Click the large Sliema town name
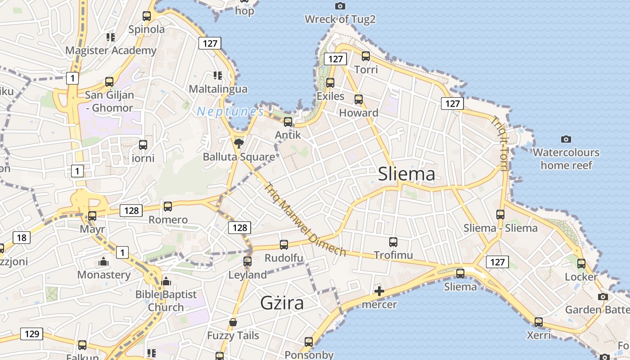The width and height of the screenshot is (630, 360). (x=406, y=174)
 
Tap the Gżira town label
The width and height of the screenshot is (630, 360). (x=282, y=303)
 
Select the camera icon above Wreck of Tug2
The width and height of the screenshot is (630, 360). (x=340, y=6)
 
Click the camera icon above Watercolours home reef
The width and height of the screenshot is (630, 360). (x=566, y=139)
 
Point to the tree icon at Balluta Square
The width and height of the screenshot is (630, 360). (x=239, y=144)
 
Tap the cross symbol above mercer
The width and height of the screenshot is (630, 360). (x=379, y=291)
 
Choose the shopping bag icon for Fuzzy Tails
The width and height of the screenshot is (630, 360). (x=233, y=322)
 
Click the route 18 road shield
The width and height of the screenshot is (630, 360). (x=22, y=238)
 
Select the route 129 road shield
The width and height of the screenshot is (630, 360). (x=31, y=333)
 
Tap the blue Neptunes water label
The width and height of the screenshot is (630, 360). (x=230, y=112)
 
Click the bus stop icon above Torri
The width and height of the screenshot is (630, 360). (x=366, y=56)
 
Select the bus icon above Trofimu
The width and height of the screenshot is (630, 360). (x=393, y=242)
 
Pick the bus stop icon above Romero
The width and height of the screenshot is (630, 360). (x=168, y=207)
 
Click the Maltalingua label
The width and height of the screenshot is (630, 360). (x=218, y=89)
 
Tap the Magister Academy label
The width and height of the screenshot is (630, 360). (x=111, y=50)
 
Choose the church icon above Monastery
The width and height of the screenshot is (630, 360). (x=103, y=261)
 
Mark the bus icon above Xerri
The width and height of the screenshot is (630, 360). (x=539, y=322)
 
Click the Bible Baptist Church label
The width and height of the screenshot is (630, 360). (x=166, y=301)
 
